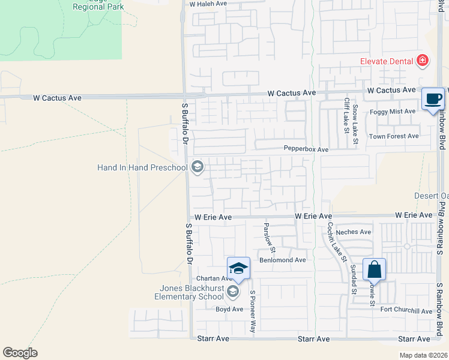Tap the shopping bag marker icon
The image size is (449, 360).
(x=374, y=269)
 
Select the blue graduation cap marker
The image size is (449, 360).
(x=238, y=268)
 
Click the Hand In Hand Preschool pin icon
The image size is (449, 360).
(x=197, y=168)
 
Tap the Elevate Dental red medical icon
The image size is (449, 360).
(x=423, y=61)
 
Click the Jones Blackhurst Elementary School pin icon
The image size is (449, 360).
(x=234, y=292)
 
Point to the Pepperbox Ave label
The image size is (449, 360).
(x=306, y=149)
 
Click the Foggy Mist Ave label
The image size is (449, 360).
(x=393, y=112)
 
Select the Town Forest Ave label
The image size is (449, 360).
(x=394, y=136)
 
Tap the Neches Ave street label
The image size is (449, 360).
(x=354, y=232)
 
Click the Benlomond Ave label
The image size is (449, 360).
(x=283, y=260)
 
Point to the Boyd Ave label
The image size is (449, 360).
(x=229, y=310)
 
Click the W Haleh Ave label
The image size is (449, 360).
(x=208, y=4)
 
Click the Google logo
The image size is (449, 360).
(x=20, y=353)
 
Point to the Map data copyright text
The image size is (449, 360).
(x=424, y=355)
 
